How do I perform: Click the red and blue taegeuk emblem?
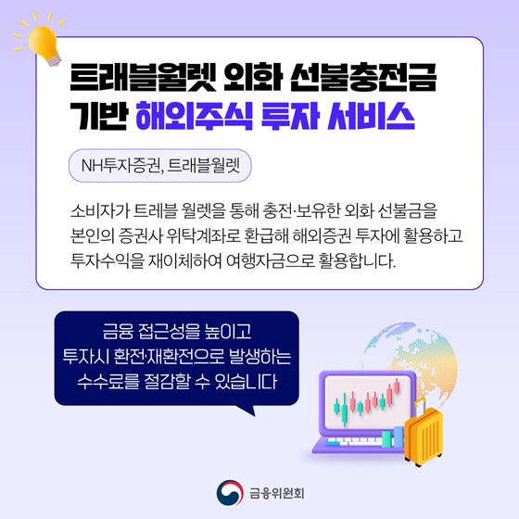(x=226, y=490)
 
